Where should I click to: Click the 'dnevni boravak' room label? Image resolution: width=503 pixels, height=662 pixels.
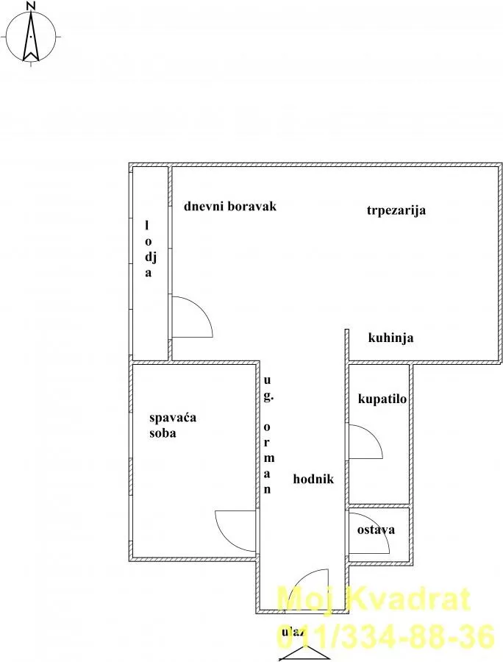(x=230, y=207)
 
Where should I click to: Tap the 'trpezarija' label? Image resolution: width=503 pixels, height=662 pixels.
(x=396, y=210)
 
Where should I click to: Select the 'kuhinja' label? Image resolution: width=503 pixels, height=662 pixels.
(x=390, y=338)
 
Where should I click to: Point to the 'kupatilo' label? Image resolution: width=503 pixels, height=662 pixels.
(x=382, y=399)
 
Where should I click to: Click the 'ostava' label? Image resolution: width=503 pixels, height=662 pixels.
(x=376, y=530)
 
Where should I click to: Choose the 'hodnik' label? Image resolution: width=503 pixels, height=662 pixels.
(x=313, y=479)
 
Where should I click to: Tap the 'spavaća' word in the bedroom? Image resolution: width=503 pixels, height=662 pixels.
(x=173, y=418)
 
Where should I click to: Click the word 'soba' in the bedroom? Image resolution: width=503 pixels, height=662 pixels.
(x=163, y=433)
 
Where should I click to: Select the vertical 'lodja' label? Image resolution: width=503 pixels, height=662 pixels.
(x=149, y=249)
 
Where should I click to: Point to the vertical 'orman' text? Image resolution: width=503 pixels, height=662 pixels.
(x=268, y=458)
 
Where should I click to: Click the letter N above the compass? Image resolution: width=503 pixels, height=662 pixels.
(x=30, y=5)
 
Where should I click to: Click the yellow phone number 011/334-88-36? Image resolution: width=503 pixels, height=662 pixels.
(x=385, y=637)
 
